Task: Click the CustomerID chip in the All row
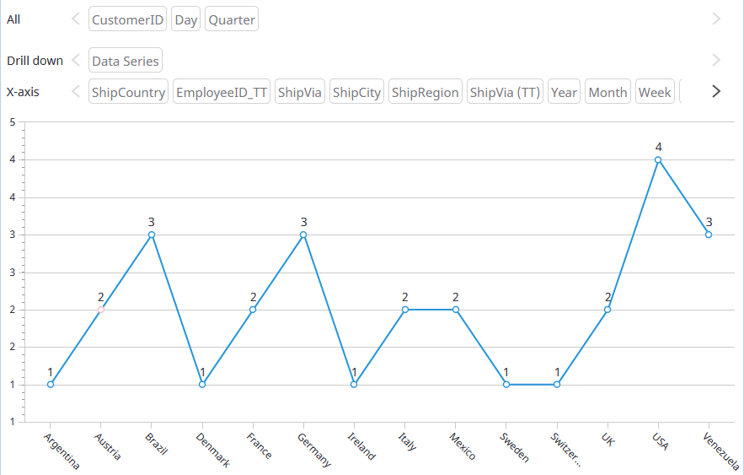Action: tap(128, 19)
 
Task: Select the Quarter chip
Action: tap(231, 19)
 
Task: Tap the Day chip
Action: tap(185, 19)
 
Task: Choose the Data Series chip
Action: tap(125, 61)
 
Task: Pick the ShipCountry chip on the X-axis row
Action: tap(128, 92)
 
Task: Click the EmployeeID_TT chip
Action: tap(222, 92)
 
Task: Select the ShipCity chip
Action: tap(356, 92)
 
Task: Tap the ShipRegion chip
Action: tap(426, 92)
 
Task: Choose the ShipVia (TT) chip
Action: tap(505, 92)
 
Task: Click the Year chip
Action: tap(564, 92)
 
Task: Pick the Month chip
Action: tap(608, 92)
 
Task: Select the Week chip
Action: tap(655, 92)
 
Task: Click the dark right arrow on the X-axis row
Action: tap(716, 91)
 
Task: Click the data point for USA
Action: tap(658, 159)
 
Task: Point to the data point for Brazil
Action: tap(152, 235)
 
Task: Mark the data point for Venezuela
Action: tap(709, 235)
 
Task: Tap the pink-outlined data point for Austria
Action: tap(101, 310)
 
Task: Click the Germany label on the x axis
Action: tap(314, 449)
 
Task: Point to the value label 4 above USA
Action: tap(658, 147)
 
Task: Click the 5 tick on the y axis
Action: tap(13, 121)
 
